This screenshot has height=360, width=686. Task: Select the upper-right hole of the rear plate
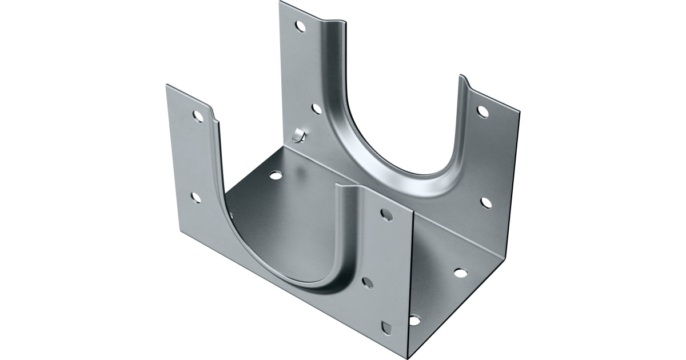[x=483, y=111]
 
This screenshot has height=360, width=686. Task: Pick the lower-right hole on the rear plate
[x=486, y=202]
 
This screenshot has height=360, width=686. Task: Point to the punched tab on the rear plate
[x=297, y=135]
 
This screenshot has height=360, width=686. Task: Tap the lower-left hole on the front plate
[x=196, y=198]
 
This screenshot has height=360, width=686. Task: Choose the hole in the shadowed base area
[x=276, y=175]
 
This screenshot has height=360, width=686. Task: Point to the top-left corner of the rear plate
[x=280, y=2]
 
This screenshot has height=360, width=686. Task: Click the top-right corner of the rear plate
[x=519, y=110]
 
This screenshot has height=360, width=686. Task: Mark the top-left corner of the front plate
[x=167, y=86]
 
